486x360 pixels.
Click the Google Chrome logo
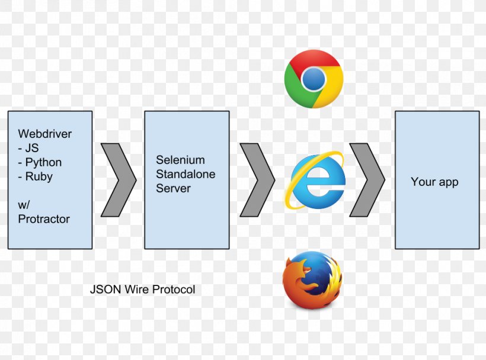(x=314, y=79)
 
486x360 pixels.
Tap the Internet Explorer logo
(x=315, y=180)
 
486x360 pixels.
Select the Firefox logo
(x=312, y=280)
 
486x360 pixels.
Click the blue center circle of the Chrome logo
(x=314, y=79)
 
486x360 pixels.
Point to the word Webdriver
(x=45, y=134)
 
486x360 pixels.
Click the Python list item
(x=40, y=162)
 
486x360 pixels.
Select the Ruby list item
(x=36, y=176)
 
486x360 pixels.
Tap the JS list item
(x=28, y=148)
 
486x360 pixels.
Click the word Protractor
(x=44, y=219)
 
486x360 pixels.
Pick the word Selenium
(x=180, y=160)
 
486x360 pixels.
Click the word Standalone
(x=186, y=174)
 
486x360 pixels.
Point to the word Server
(x=173, y=188)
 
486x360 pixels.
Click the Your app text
(x=434, y=182)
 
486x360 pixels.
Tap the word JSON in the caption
(x=105, y=290)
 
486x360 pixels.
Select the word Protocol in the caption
(x=174, y=290)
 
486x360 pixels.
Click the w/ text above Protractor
(x=24, y=205)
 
